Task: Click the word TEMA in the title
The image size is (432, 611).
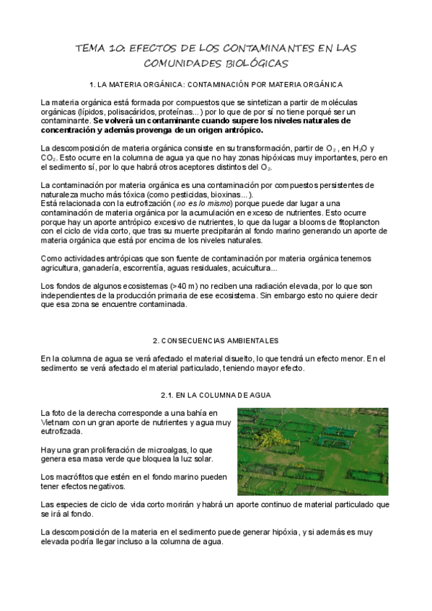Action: (94, 48)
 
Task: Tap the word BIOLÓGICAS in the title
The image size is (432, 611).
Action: (242, 63)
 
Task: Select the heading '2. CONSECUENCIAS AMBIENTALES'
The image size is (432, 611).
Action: (216, 339)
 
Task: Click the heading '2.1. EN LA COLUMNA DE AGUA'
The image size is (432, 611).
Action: (216, 395)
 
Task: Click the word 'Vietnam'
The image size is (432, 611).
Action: (58, 422)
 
